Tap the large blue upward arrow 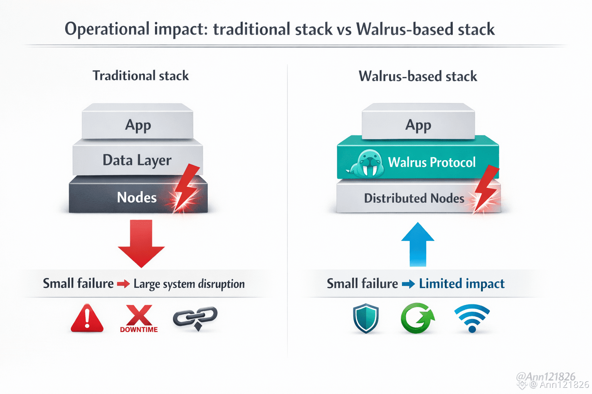click(418, 245)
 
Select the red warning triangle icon click(87, 318)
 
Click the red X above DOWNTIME click(139, 315)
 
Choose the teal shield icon click(366, 318)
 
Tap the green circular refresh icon click(417, 318)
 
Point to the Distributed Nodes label click(414, 198)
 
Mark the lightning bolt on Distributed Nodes click(486, 189)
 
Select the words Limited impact click(461, 284)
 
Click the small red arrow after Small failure click(123, 284)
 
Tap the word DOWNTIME click(139, 330)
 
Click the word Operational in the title click(107, 29)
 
